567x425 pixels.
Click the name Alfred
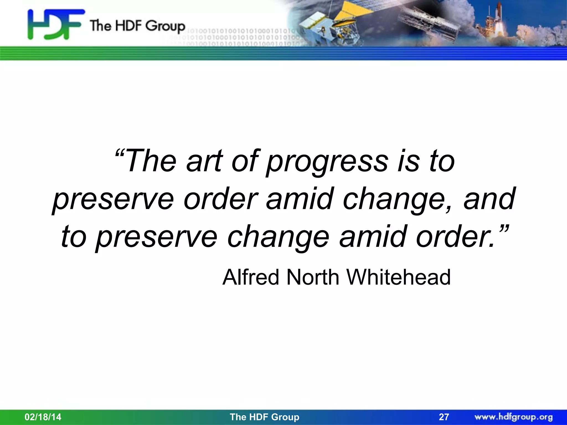pos(251,277)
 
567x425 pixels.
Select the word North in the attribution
pos(313,277)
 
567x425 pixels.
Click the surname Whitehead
pos(398,277)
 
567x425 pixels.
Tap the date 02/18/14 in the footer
pos(43,417)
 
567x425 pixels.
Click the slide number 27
pos(444,417)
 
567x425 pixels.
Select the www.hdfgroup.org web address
pos(514,417)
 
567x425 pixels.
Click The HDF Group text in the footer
pos(264,417)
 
